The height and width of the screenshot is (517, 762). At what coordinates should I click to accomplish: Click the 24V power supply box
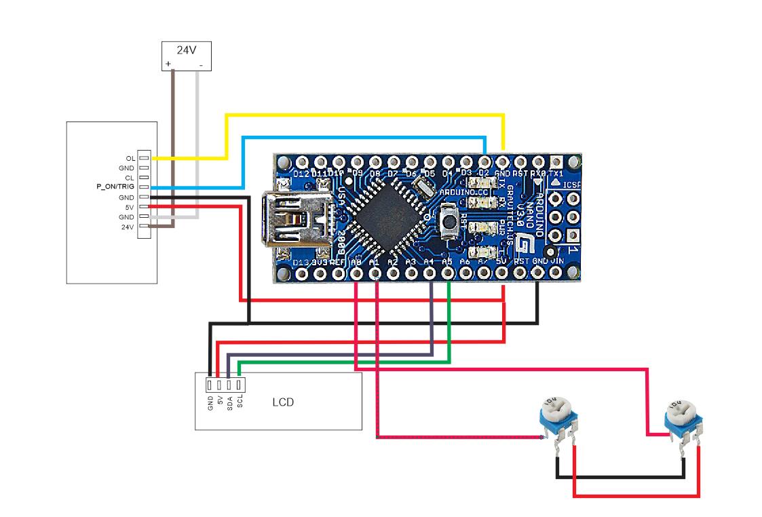[x=185, y=56]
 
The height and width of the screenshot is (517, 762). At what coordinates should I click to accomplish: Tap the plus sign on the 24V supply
[x=168, y=65]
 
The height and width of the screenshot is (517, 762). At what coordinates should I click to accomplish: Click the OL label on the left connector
[x=130, y=158]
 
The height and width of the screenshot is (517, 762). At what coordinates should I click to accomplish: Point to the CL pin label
[x=130, y=177]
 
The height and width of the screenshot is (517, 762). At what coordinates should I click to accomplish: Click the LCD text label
[x=283, y=402]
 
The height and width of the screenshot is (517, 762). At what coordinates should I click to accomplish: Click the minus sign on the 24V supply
[x=201, y=65]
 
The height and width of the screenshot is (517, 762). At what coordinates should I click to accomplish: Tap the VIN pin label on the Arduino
[x=558, y=261]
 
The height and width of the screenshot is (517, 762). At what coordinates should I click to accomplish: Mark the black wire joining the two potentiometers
[x=620, y=477]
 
